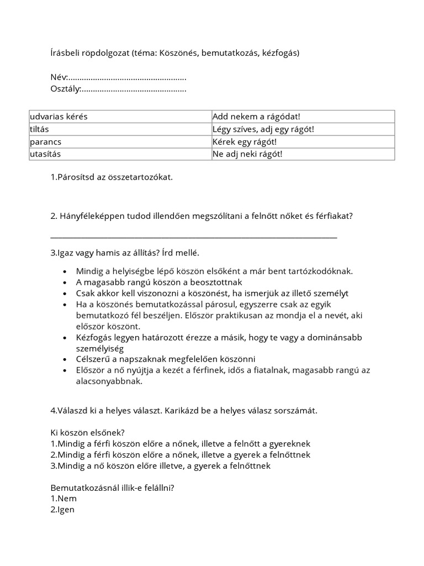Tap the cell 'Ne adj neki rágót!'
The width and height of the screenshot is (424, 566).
[x=247, y=154]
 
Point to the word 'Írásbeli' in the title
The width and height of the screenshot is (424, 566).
[x=65, y=53]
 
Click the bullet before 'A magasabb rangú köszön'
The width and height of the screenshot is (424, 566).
[x=65, y=282]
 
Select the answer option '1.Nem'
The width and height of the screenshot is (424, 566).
[x=63, y=499]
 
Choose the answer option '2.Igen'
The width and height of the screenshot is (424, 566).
[x=62, y=510]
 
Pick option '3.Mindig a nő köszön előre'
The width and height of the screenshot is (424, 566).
[x=160, y=465]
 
